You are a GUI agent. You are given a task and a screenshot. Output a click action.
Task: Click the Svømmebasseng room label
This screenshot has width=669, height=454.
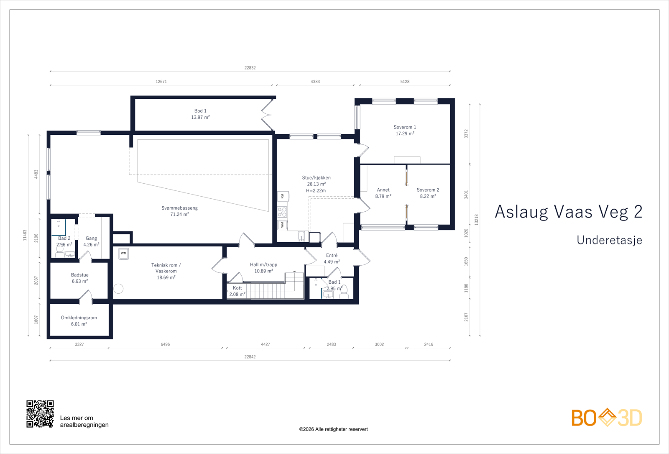(x=179, y=208)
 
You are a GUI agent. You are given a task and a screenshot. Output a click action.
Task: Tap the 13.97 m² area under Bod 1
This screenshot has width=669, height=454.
(x=200, y=118)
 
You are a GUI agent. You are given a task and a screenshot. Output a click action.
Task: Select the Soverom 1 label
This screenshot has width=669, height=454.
(x=405, y=127)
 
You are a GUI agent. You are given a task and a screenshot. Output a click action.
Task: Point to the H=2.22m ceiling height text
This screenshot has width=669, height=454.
(x=316, y=191)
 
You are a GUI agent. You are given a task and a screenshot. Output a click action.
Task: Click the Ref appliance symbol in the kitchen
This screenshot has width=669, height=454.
(x=283, y=196)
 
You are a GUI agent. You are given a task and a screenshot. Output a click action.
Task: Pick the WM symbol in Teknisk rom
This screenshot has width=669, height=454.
(x=123, y=254)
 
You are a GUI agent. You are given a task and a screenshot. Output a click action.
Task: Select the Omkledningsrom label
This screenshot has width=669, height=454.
(x=79, y=318)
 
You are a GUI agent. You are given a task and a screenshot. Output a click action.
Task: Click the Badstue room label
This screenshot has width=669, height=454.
(x=79, y=275)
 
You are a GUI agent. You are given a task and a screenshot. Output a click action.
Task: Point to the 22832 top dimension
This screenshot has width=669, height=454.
(x=250, y=68)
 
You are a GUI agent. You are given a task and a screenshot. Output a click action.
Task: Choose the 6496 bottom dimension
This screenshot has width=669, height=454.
(x=165, y=344)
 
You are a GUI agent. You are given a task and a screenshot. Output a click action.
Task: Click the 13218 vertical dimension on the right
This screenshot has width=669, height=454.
(x=476, y=220)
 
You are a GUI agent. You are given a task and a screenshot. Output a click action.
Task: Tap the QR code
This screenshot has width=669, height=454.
(x=40, y=414)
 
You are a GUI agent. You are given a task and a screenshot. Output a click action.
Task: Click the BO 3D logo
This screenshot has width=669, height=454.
(x=606, y=418)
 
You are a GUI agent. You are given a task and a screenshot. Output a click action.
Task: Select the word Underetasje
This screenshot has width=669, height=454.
(x=609, y=240)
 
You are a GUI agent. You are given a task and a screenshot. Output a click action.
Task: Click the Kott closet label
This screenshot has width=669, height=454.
(x=237, y=288)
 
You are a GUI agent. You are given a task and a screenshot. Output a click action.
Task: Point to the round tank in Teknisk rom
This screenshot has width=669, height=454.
(x=118, y=288)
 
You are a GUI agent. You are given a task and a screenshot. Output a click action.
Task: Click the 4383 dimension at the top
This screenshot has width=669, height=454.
(x=315, y=82)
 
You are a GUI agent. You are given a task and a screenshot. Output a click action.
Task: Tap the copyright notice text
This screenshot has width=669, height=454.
(x=333, y=429)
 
